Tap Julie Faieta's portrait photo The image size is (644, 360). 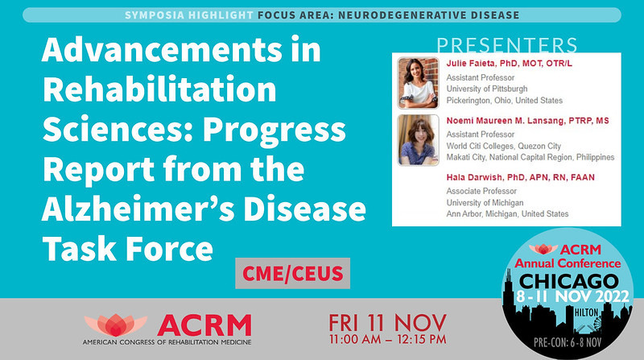click(x=418, y=83)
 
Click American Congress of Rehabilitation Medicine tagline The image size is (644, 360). click(x=167, y=341)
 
